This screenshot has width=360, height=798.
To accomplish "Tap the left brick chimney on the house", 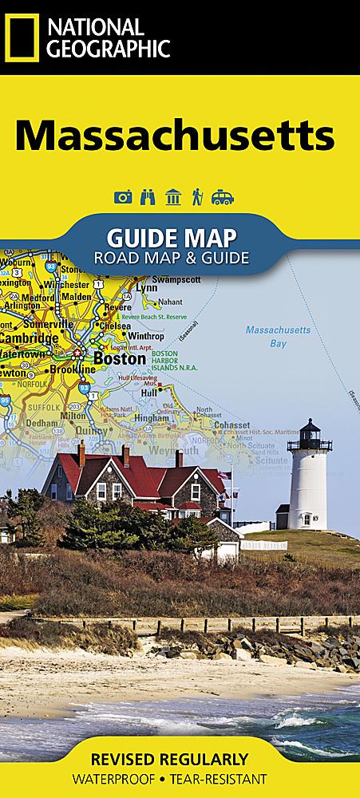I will tap(81, 455).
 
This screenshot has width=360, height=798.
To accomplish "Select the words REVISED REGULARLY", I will tap(180, 758).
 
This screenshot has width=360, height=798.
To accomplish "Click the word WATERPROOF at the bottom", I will tap(132, 778).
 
